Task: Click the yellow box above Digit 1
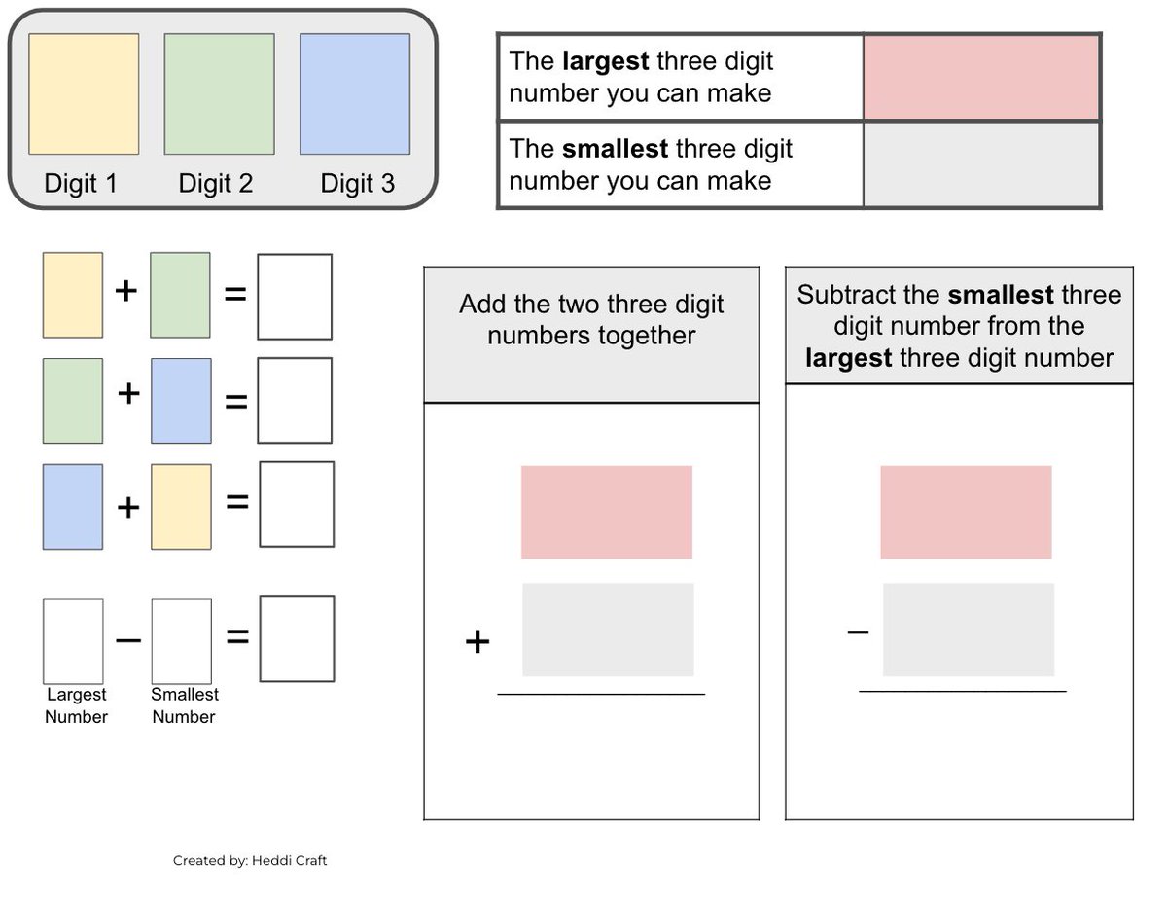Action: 84,94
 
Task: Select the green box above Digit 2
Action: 219,94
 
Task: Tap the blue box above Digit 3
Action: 355,94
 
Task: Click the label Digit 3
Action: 358,184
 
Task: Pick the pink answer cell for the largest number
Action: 980,78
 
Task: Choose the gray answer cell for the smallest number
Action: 980,164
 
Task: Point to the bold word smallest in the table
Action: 615,149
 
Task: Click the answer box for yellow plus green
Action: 295,297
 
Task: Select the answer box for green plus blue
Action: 295,401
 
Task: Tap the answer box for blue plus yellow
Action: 297,504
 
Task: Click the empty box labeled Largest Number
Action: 73,641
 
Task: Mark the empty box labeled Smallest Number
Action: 182,641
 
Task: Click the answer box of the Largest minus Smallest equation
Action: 297,639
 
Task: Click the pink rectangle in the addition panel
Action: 607,513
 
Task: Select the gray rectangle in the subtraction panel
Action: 969,630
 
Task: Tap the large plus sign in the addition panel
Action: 477,641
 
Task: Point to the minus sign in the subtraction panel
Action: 858,632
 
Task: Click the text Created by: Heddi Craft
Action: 250,861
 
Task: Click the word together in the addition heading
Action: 647,337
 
